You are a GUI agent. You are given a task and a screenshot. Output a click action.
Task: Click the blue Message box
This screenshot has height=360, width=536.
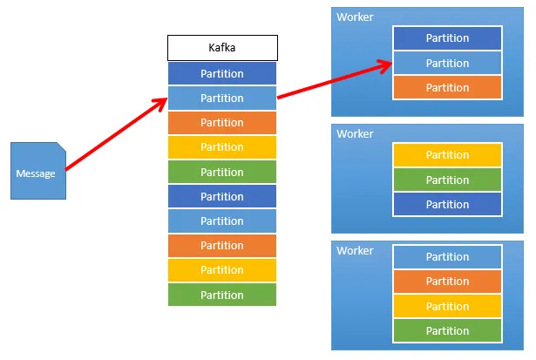[36, 173]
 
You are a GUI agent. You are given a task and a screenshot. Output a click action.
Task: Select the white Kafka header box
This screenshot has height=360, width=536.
[222, 48]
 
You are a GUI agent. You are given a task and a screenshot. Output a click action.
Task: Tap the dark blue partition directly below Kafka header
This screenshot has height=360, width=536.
[222, 73]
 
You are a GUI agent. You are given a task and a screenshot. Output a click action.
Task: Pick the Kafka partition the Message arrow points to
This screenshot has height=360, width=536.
[222, 98]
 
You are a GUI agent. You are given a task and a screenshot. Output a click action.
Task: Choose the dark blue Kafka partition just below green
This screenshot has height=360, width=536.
[222, 196]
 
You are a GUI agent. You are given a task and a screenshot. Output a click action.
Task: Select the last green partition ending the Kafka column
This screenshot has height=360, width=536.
[222, 295]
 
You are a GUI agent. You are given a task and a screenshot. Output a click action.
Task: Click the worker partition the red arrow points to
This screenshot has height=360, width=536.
[447, 63]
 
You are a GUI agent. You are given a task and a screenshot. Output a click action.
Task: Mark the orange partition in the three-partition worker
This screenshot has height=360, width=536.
[447, 87]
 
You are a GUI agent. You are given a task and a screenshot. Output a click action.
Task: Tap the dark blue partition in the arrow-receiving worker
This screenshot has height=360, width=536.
[447, 38]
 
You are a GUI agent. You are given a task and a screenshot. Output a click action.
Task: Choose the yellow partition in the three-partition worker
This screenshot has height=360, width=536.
[447, 155]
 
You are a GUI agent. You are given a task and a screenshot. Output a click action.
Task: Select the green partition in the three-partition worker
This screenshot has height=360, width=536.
[447, 180]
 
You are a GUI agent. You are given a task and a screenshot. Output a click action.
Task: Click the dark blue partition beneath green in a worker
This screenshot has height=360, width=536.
[447, 204]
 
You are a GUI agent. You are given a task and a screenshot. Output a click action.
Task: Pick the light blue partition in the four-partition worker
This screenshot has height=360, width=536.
[447, 257]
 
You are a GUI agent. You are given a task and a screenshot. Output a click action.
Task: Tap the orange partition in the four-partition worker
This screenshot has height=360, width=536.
[447, 282]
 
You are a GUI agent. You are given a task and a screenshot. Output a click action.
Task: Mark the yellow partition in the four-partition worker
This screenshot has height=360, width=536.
[447, 306]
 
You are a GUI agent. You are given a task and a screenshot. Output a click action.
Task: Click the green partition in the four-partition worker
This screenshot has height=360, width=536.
[447, 330]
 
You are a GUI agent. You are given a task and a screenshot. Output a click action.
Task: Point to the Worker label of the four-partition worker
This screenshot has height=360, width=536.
[355, 251]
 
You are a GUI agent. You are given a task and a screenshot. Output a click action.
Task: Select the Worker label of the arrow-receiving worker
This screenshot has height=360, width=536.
[355, 17]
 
